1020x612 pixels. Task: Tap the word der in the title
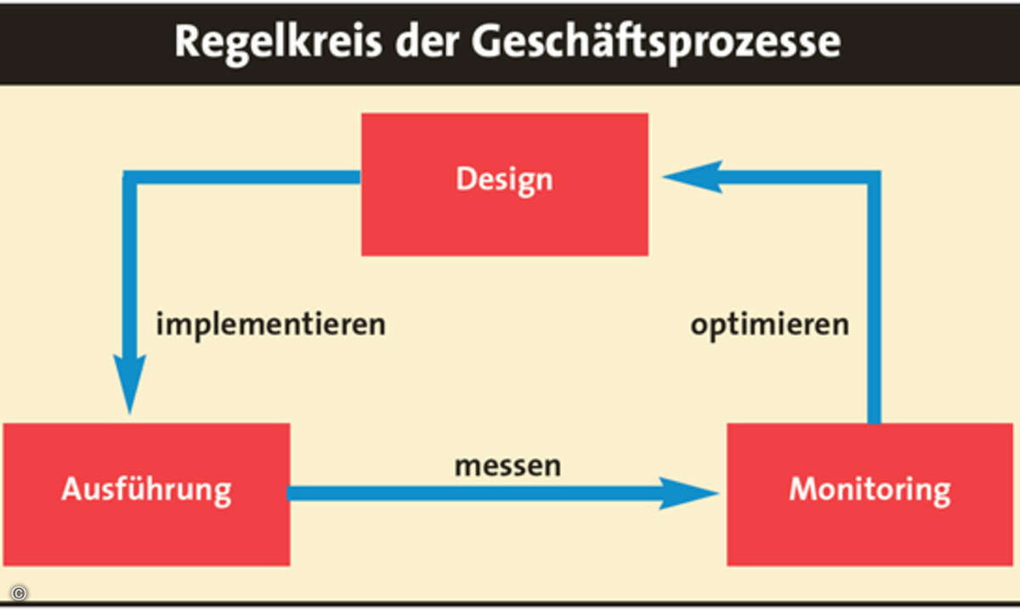pos(427,41)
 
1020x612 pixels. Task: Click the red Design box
pos(505,184)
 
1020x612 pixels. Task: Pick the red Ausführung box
pos(146,495)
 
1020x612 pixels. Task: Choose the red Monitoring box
pos(870,495)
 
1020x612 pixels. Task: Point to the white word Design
pos(505,180)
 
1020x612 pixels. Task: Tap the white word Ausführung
pos(146,490)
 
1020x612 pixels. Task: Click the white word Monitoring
pos(870,491)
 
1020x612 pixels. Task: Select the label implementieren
pos(271,325)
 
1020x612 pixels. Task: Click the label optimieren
pos(770,325)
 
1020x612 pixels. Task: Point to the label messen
pos(507,467)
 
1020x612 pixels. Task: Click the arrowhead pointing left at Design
pos(692,177)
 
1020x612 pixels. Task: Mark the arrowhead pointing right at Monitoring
pos(688,493)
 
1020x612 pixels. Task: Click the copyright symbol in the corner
pos(19,593)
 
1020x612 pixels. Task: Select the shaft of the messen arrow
pos(473,493)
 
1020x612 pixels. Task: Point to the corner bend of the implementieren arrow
pos(130,178)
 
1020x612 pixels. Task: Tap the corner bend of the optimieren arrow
pos(874,178)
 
